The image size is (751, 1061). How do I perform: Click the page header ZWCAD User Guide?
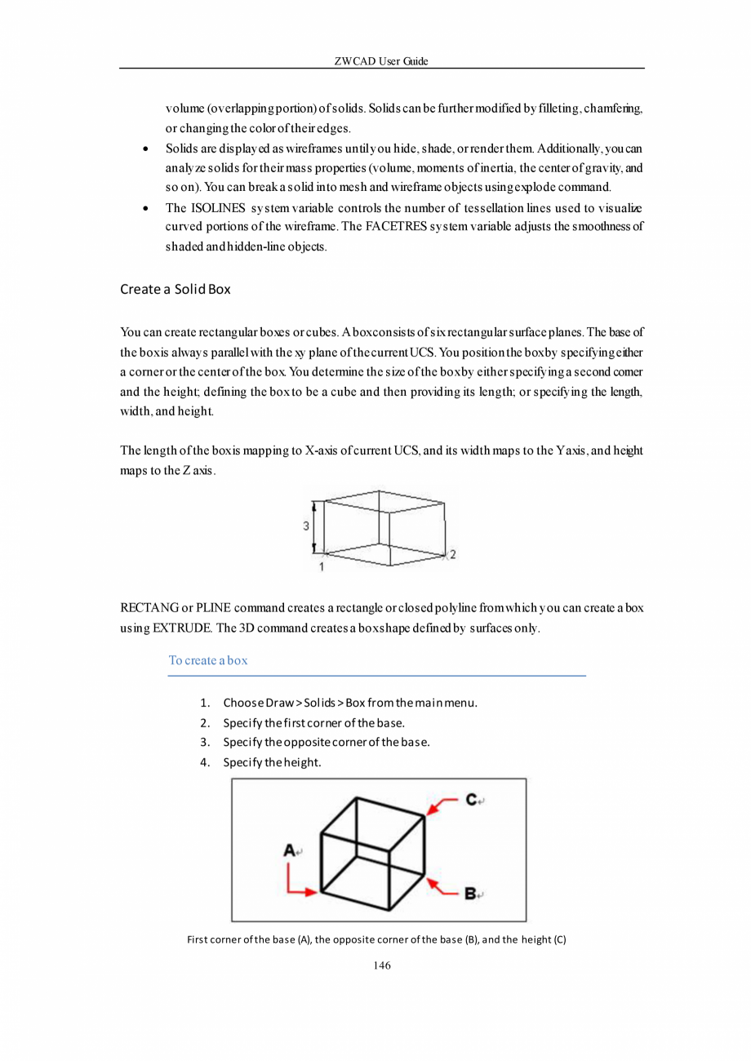pos(381,62)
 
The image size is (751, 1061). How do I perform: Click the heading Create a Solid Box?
pos(176,289)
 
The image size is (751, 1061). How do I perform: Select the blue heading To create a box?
pos(208,660)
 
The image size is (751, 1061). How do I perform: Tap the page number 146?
pos(381,966)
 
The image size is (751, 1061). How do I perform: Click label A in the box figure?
pos(289,850)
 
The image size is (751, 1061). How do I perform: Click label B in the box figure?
pos(471,894)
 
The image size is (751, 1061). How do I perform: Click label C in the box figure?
pos(471,800)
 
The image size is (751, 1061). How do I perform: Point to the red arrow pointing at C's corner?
pos(443,806)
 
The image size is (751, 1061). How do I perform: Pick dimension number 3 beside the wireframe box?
pos(306,526)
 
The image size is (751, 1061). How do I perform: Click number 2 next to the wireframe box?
pos(452,554)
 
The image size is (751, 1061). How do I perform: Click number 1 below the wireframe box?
pos(321,566)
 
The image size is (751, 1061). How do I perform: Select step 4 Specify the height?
pos(272,762)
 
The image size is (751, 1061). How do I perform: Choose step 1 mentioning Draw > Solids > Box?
pos(349,702)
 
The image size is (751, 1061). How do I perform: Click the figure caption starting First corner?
pos(376,939)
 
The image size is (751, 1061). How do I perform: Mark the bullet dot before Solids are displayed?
pos(144,150)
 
